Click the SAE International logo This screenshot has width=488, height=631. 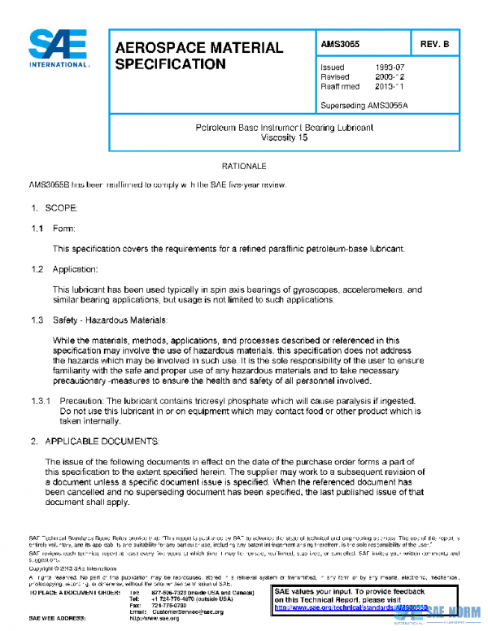59,49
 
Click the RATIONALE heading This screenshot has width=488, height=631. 243,166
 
